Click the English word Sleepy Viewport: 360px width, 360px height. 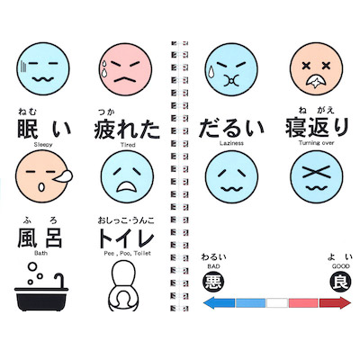(43, 145)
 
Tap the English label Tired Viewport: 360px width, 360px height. (128, 145)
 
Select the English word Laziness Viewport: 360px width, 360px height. (231, 143)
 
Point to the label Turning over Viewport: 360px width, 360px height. (316, 143)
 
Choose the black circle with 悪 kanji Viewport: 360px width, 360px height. (214, 281)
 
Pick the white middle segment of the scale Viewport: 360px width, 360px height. (277, 303)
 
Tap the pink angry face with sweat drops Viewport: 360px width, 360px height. (125, 69)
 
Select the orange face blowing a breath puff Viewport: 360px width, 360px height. (44, 176)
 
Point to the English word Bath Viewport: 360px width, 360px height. (40, 253)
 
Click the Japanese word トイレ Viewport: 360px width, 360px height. (126, 238)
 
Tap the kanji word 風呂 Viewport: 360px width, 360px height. (40, 238)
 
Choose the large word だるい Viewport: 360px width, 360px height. (231, 128)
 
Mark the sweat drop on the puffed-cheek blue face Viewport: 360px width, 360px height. (211, 72)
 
